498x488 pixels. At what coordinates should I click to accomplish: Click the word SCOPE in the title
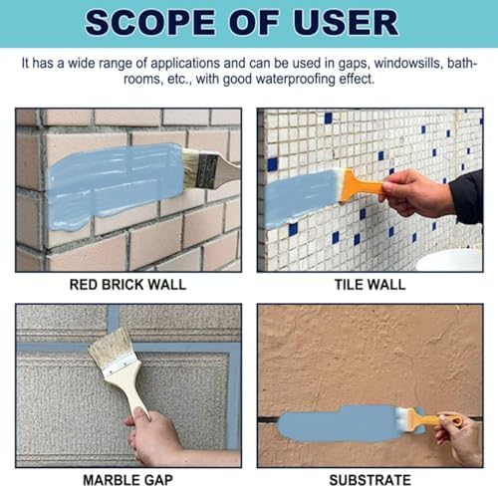click(x=149, y=22)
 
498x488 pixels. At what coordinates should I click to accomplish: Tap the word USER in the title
click(x=346, y=22)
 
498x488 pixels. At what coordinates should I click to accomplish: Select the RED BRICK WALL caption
click(x=127, y=285)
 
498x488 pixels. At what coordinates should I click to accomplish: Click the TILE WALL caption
click(x=370, y=285)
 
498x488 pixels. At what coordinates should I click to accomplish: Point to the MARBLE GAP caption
click(x=127, y=480)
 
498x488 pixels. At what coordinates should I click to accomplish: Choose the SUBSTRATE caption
click(x=370, y=480)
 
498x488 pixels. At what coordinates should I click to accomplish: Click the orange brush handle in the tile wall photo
click(x=362, y=186)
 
